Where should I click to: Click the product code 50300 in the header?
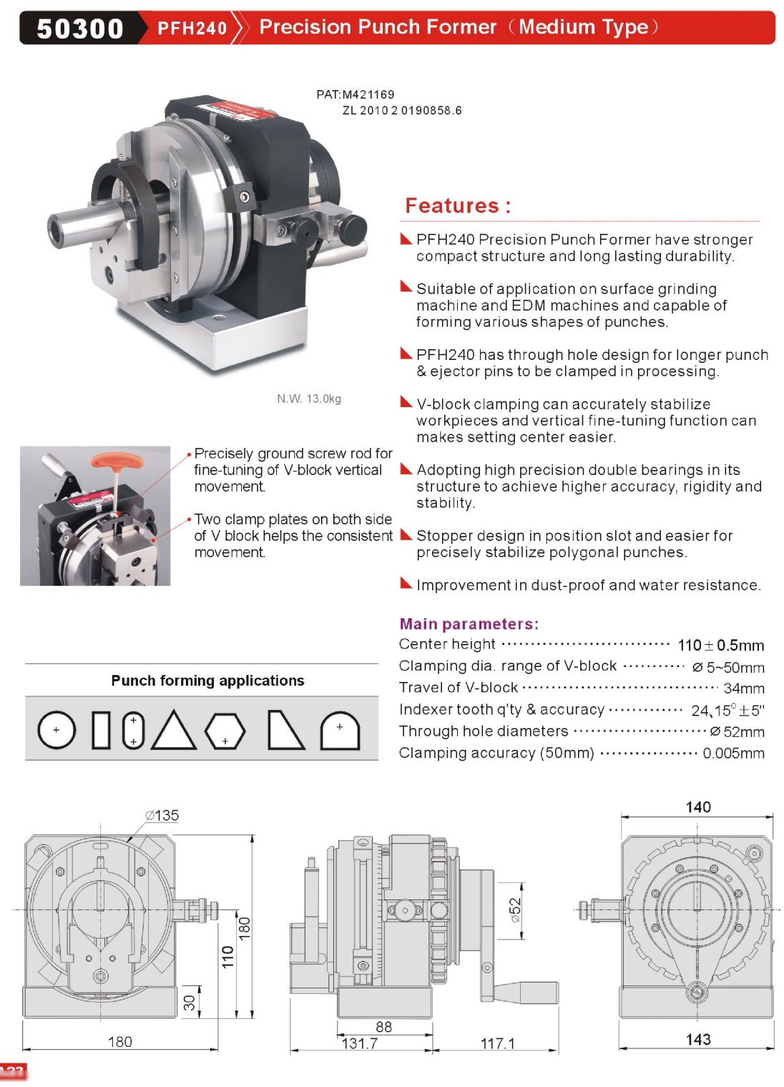80,28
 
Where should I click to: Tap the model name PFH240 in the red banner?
192,28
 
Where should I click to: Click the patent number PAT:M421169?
355,94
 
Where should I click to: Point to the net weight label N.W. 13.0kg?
309,399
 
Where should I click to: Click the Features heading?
458,206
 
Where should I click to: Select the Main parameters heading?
469,623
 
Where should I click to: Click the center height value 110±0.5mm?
720,645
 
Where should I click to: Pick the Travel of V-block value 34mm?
744,688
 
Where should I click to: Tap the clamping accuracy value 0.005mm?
733,753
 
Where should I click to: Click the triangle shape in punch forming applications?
174,730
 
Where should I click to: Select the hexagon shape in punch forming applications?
225,731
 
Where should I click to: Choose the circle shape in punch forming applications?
57,730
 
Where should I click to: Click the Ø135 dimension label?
162,815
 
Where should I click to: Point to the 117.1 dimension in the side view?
497,1043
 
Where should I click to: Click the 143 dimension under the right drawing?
698,1040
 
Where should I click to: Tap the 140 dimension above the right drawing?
698,807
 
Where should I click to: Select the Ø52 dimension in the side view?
515,910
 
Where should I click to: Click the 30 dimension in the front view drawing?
190,1002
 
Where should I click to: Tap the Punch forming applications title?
207,681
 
